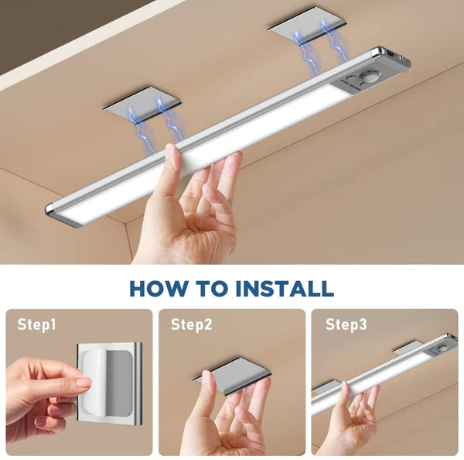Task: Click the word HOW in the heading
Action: click(158, 289)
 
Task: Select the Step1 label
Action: click(37, 325)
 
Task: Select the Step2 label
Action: click(191, 325)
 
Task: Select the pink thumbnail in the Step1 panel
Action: click(84, 383)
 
